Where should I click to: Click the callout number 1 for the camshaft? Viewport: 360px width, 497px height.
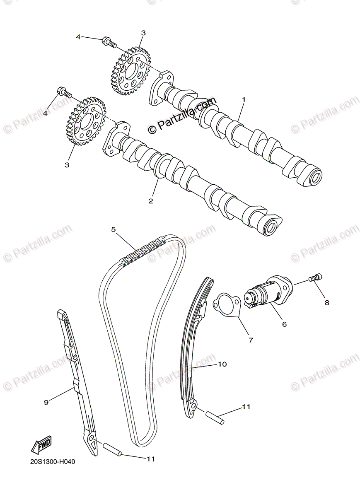(x=244, y=99)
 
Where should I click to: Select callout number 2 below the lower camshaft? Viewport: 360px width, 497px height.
(x=151, y=201)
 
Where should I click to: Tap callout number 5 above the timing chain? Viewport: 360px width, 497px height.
(x=113, y=229)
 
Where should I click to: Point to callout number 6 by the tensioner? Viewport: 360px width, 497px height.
(x=284, y=324)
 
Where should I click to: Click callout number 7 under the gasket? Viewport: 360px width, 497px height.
(x=251, y=340)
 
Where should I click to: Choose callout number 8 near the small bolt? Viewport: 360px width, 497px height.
(x=326, y=303)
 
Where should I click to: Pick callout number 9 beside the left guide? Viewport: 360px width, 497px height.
(x=46, y=402)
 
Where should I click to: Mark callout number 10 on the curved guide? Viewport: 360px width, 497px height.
(x=222, y=364)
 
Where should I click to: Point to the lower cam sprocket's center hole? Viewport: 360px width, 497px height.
(x=85, y=121)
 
